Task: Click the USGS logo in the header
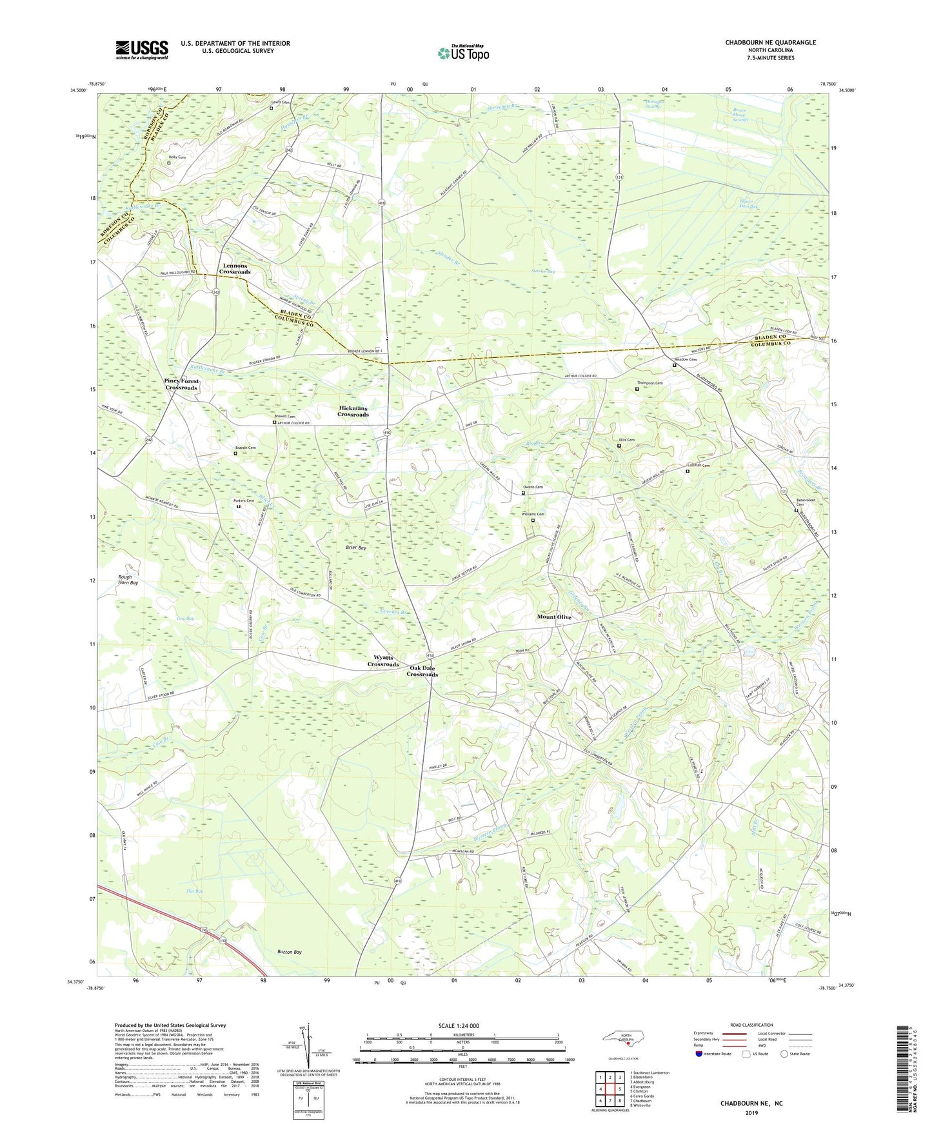(x=141, y=50)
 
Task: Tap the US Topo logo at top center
(x=463, y=53)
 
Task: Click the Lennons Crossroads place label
(x=234, y=269)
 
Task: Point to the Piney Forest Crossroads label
(x=181, y=384)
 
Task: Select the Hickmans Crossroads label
(x=353, y=411)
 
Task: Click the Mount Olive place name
(x=554, y=617)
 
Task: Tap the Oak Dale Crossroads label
(x=422, y=671)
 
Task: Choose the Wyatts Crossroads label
(x=383, y=661)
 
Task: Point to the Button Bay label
(x=289, y=952)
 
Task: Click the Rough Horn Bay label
(x=128, y=580)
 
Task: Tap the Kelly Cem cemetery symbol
(x=169, y=163)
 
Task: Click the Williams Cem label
(x=533, y=514)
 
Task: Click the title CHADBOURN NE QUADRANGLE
(x=770, y=43)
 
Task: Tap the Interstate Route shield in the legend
(x=699, y=1054)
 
